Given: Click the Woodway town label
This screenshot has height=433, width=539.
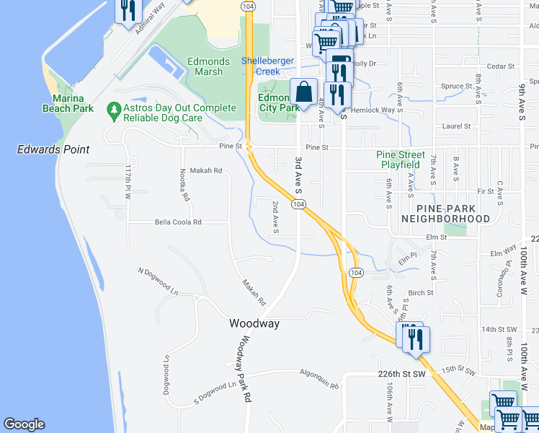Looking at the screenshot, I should tap(254, 323).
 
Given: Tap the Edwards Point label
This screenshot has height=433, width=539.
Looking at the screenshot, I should tap(54, 149).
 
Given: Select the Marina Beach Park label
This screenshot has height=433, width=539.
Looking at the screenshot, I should tap(73, 103).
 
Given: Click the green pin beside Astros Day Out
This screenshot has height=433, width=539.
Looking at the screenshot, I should tap(113, 108).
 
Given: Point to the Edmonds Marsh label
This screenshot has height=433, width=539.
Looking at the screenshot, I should tap(208, 67).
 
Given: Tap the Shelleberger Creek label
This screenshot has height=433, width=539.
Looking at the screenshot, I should tap(270, 66).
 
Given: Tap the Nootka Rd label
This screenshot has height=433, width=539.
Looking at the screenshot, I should tap(184, 185).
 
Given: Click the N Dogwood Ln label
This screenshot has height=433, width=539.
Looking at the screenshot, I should tap(159, 281).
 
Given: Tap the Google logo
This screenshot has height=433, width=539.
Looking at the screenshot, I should tap(24, 424).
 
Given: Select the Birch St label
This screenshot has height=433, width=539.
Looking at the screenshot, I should tap(420, 293).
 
